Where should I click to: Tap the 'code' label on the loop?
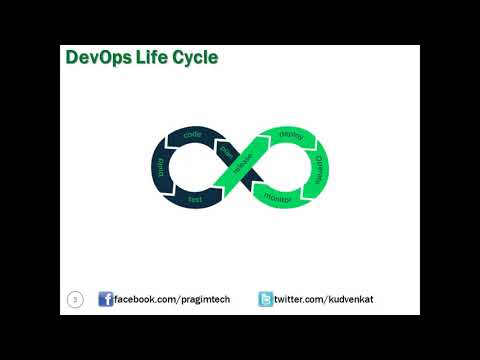(193, 134)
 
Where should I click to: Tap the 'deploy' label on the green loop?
(291, 134)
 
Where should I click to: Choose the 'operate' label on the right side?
(319, 165)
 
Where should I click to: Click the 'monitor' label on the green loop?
(278, 198)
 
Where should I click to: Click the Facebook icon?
(105, 300)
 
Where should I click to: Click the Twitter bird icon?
(266, 300)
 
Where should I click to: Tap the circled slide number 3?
(75, 299)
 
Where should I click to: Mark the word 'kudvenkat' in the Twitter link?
(346, 300)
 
